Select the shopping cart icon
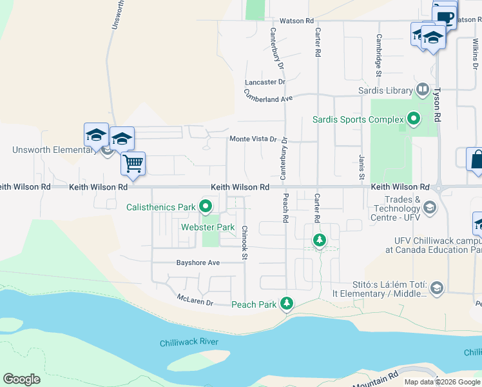(x=133, y=163)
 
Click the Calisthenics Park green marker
(x=206, y=207)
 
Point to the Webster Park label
(x=207, y=227)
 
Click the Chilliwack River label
(x=189, y=342)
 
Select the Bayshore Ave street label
(x=198, y=263)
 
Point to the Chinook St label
(x=245, y=243)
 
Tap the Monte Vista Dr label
(x=253, y=139)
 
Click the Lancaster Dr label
(x=264, y=82)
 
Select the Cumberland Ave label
(x=268, y=97)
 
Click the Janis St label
(x=361, y=168)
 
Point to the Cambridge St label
(x=379, y=53)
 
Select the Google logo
(x=21, y=379)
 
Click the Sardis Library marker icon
(x=423, y=89)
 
